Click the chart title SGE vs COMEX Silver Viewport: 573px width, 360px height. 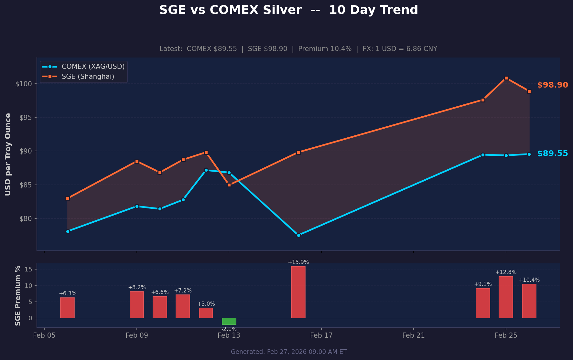[288, 10]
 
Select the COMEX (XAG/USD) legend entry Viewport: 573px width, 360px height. [93, 67]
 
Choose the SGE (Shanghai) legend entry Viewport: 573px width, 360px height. [88, 77]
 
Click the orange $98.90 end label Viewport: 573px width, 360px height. [552, 85]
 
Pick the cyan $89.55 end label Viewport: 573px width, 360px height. [552, 154]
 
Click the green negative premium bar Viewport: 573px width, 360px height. [229, 321]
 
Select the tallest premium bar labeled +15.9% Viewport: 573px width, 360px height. [298, 292]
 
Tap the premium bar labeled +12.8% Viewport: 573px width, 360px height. [506, 297]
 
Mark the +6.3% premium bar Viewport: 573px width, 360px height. [67, 308]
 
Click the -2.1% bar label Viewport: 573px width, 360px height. [229, 329]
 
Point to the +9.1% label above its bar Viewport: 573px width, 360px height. [483, 284]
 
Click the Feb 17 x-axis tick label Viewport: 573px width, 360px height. [321, 335]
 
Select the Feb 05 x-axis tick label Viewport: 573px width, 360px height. [44, 335]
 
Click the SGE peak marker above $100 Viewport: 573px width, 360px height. [506, 78]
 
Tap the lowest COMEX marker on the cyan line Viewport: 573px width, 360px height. [298, 235]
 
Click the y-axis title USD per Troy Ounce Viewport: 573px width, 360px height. [8, 154]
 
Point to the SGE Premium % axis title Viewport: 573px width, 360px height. [18, 295]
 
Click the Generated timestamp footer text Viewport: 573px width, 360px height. [288, 352]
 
